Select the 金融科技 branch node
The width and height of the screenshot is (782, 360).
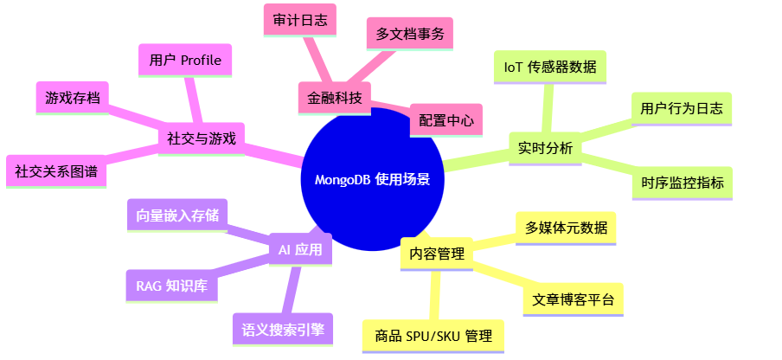point(334,95)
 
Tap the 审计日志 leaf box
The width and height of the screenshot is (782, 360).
point(299,20)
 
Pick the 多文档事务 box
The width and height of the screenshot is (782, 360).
point(409,34)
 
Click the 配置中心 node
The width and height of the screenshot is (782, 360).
point(445,120)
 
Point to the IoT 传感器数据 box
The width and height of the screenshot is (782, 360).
point(549,66)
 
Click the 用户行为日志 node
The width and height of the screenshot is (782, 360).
point(681,109)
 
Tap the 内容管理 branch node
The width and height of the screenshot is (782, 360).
point(437,254)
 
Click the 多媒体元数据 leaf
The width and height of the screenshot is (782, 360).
point(566,228)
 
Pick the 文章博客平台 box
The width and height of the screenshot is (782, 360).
point(574,299)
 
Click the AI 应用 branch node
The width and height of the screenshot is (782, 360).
point(299,250)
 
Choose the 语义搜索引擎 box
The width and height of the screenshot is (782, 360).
point(283,329)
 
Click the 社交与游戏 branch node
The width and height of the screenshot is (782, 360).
point(201,138)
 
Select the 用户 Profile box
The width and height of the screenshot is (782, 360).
point(185,60)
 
